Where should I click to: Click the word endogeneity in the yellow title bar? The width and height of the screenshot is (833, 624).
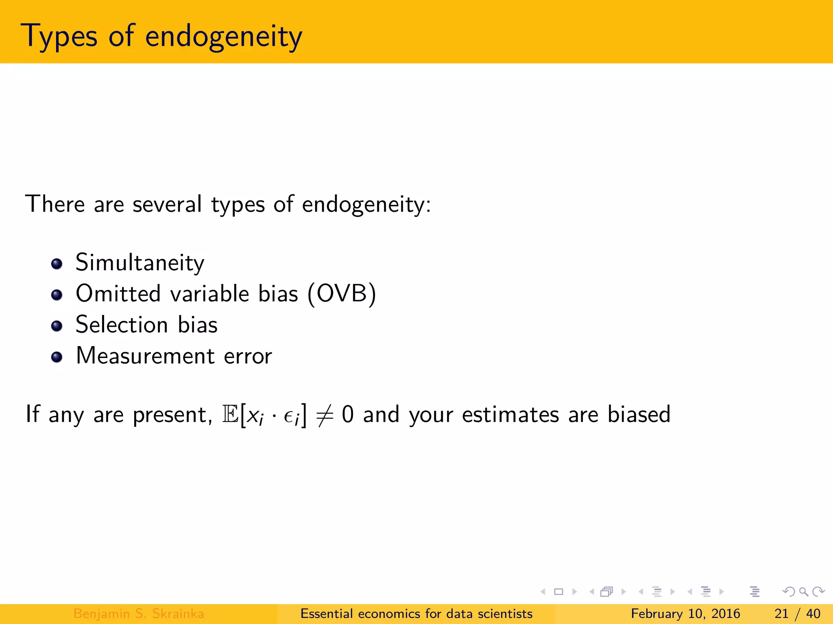223,37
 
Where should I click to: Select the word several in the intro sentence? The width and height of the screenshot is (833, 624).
167,204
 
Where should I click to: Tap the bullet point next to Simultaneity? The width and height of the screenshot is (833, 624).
57,264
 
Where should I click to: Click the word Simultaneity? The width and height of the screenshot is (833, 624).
140,263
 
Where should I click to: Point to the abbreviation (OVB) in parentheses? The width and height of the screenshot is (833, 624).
342,294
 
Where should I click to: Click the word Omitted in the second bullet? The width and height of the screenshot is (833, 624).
118,294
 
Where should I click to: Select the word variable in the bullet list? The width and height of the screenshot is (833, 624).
209,294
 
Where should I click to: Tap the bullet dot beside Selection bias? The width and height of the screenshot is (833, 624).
57,326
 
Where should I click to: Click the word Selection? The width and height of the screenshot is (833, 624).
122,325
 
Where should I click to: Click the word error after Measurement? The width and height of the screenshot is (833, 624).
248,357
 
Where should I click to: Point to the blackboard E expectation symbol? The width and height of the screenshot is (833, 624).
230,414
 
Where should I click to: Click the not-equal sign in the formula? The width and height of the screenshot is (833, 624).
325,415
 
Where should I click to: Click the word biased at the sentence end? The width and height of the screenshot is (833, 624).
639,414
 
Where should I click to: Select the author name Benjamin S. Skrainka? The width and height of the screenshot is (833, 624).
138,613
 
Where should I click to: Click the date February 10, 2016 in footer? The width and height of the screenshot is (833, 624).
685,613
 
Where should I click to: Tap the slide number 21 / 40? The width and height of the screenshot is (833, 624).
797,613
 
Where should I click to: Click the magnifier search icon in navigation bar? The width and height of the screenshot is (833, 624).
803,591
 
